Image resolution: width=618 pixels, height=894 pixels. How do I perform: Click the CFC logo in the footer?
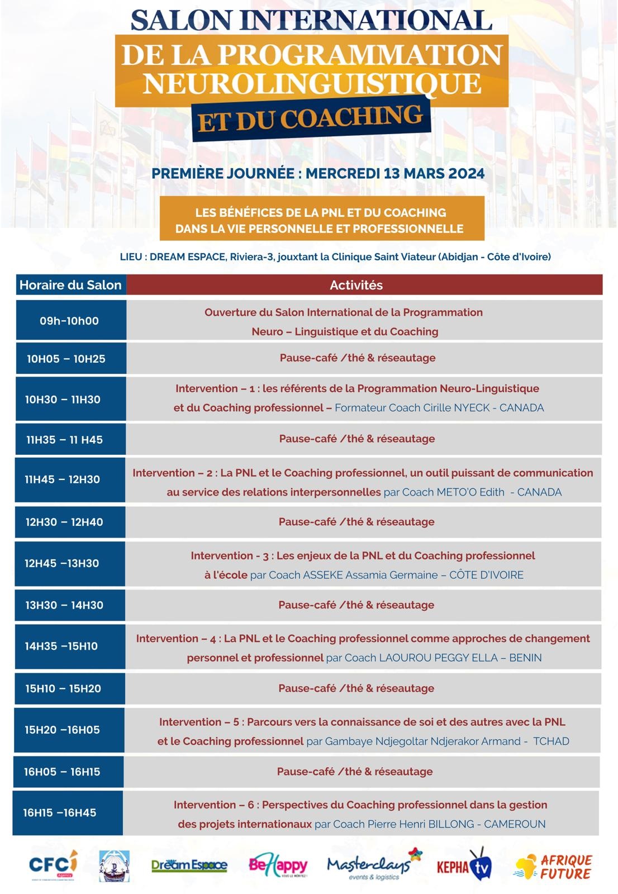pyautogui.click(x=53, y=866)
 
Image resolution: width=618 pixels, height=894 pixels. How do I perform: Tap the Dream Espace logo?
pyautogui.click(x=189, y=866)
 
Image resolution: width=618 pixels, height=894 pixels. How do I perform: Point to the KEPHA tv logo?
pyautogui.click(x=463, y=866)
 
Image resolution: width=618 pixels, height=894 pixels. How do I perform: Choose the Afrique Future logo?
pyautogui.click(x=554, y=867)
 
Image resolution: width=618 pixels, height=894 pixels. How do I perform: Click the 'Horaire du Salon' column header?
pyautogui.click(x=70, y=285)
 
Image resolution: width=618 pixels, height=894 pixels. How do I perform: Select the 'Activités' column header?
pyautogui.click(x=356, y=285)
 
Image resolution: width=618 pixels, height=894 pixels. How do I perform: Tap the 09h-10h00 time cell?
pyautogui.click(x=69, y=321)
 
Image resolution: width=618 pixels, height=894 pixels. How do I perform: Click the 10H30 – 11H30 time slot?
pyautogui.click(x=63, y=400)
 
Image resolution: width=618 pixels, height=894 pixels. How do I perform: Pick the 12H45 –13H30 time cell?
pyautogui.click(x=61, y=563)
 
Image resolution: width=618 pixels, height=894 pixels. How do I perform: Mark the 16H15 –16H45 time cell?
pyautogui.click(x=60, y=812)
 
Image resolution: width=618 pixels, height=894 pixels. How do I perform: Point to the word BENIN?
pyautogui.click(x=525, y=658)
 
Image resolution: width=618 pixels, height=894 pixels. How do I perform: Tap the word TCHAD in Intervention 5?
pyautogui.click(x=551, y=741)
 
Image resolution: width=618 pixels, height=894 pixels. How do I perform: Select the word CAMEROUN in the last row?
pyautogui.click(x=515, y=824)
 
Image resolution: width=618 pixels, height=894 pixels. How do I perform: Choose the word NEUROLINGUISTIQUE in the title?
pyautogui.click(x=312, y=83)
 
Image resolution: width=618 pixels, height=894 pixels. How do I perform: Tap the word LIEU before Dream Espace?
pyautogui.click(x=131, y=257)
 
